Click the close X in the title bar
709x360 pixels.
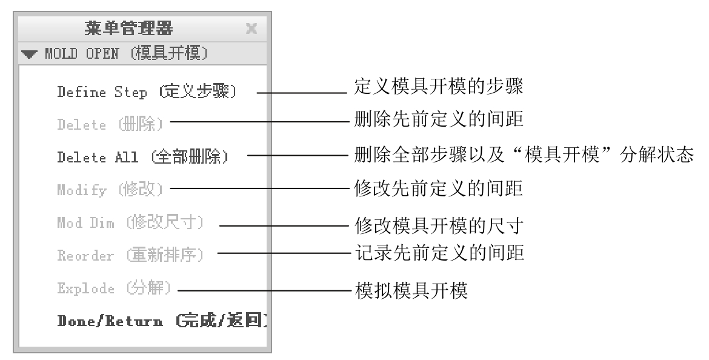251,28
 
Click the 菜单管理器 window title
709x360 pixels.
128,28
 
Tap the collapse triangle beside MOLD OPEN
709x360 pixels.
29,55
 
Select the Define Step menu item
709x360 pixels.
147,92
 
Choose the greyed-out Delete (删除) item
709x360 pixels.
110,124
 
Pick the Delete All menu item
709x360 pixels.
143,157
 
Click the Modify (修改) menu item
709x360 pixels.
110,190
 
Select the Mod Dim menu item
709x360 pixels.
131,222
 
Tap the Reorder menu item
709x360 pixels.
131,255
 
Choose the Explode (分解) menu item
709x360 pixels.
115,288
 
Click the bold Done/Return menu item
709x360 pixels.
162,321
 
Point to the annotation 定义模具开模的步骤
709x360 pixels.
439,86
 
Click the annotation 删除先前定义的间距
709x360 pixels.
439,119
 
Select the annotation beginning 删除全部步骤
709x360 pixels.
524,155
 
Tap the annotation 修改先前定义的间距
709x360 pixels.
439,188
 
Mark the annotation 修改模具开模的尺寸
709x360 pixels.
439,225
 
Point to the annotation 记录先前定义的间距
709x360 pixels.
439,253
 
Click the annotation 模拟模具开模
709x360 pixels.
411,290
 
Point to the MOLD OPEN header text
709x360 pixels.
126,53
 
